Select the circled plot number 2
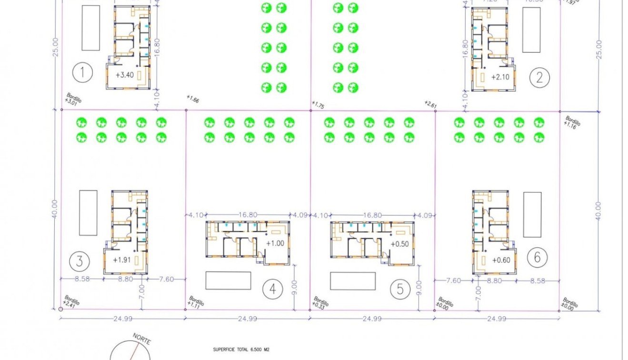[539, 77]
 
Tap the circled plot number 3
[79, 261]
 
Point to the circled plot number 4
[272, 289]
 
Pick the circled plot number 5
[399, 289]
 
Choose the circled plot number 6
[537, 258]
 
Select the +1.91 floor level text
[122, 260]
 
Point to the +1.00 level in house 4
[275, 243]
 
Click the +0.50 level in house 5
[399, 244]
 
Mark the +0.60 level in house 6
[501, 260]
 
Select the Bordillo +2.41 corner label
[71, 301]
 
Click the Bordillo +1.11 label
[196, 301]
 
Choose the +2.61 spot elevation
[430, 104]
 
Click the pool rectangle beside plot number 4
[228, 280]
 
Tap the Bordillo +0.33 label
[320, 303]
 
